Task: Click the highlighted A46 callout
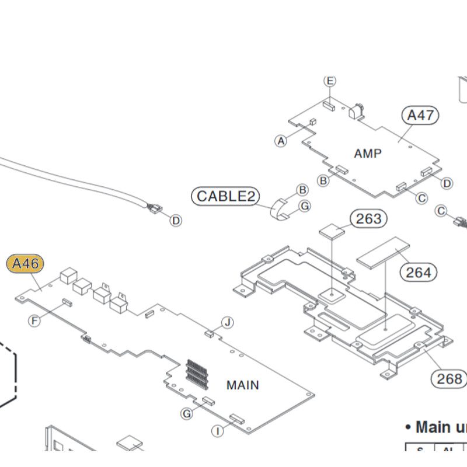point(25,264)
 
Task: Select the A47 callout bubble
point(420,115)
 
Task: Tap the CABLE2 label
point(226,196)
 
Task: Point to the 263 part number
point(368,219)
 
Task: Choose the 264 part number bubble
point(419,272)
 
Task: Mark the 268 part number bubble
point(449,379)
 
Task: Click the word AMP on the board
point(368,154)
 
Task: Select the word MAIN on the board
point(242,385)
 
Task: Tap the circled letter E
point(330,81)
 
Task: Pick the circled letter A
point(281,140)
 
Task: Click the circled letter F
point(35,320)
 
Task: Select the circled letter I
point(217,431)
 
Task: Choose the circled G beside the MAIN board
point(187,414)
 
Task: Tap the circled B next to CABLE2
point(302,190)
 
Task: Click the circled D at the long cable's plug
point(175,220)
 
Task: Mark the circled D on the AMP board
point(447,183)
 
